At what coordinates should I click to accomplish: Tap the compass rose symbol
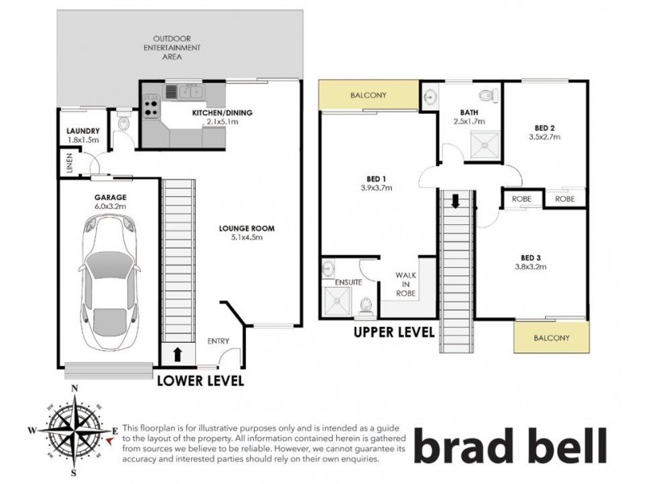click(74, 429)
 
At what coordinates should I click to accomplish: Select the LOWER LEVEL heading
click(199, 380)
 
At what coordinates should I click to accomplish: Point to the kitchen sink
click(181, 91)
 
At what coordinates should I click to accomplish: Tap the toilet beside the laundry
click(123, 123)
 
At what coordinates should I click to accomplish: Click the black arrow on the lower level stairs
click(175, 353)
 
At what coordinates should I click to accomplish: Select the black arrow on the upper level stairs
click(456, 200)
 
